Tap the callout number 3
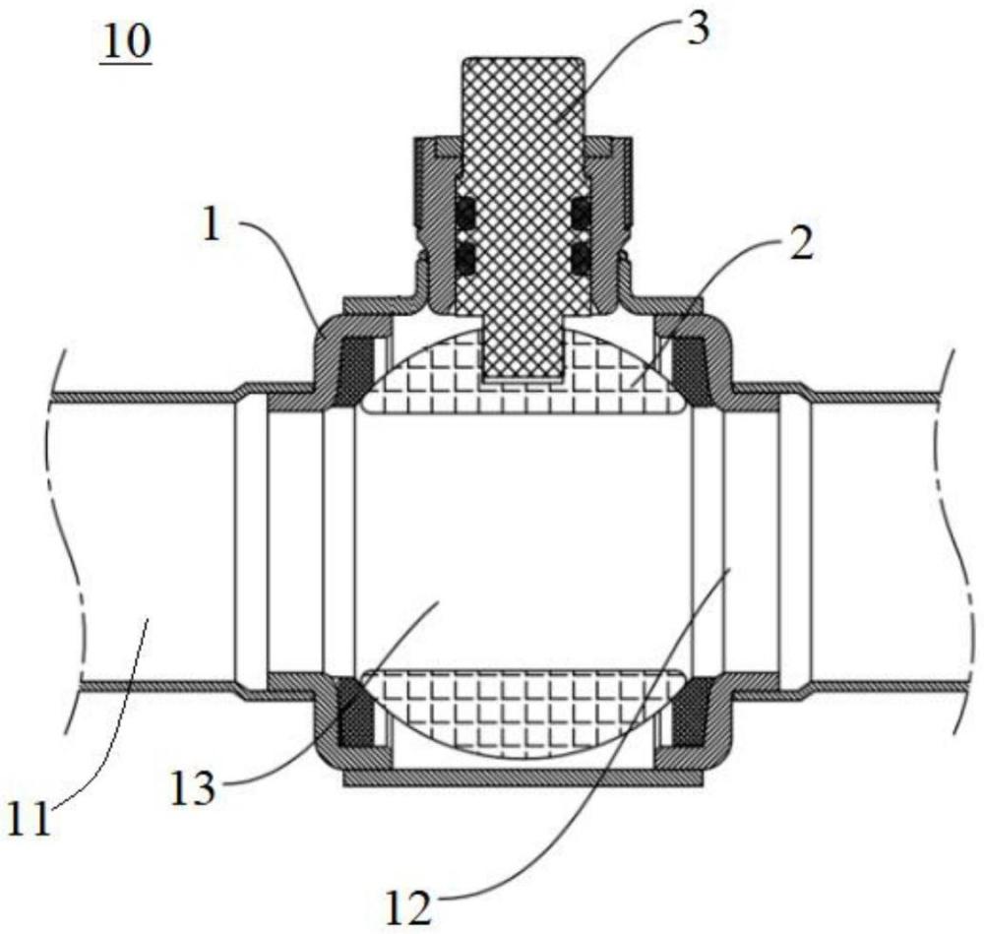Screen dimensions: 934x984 pyautogui.click(x=695, y=29)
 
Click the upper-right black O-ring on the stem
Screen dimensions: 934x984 pyautogui.click(x=581, y=212)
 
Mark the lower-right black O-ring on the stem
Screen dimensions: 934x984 pyautogui.click(x=581, y=258)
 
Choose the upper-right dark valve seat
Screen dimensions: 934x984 pyautogui.click(x=695, y=370)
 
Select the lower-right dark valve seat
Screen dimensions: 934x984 pyautogui.click(x=693, y=711)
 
